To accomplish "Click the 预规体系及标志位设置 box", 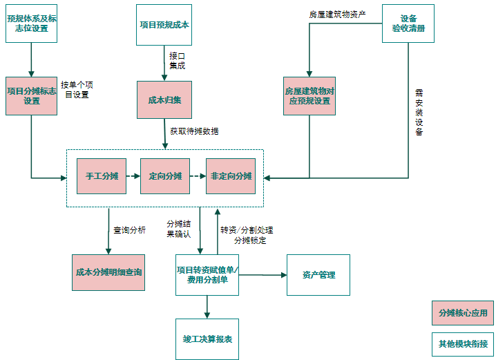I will [32, 24].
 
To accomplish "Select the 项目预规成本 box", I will [164, 24].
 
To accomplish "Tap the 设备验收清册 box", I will [408, 23].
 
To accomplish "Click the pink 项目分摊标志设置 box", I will [32, 95].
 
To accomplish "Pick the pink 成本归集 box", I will [164, 100].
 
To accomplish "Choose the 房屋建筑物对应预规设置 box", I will [309, 95].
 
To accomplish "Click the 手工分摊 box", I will [102, 176].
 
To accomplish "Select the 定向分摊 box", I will [165, 176].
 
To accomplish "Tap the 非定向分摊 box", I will [231, 176].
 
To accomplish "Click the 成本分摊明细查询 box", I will [108, 272].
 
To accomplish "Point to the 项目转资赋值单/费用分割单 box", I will [207, 275].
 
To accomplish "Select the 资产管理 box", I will [318, 275].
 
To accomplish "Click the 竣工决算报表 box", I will [207, 339].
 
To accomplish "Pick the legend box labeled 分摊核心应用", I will [462, 312].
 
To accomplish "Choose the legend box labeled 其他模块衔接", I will [462, 343].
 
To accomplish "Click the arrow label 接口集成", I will [178, 60].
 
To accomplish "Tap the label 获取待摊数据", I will [194, 131].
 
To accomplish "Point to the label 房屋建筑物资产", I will [337, 14].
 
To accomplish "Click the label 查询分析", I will [129, 230].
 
